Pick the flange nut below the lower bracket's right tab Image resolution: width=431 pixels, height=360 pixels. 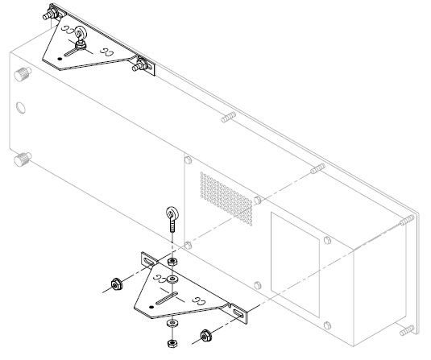tap(205, 333)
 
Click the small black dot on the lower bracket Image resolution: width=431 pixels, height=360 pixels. tap(150, 307)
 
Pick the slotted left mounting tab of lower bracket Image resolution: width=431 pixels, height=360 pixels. tap(151, 260)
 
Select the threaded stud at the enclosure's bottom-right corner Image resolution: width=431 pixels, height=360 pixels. tap(408, 331)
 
